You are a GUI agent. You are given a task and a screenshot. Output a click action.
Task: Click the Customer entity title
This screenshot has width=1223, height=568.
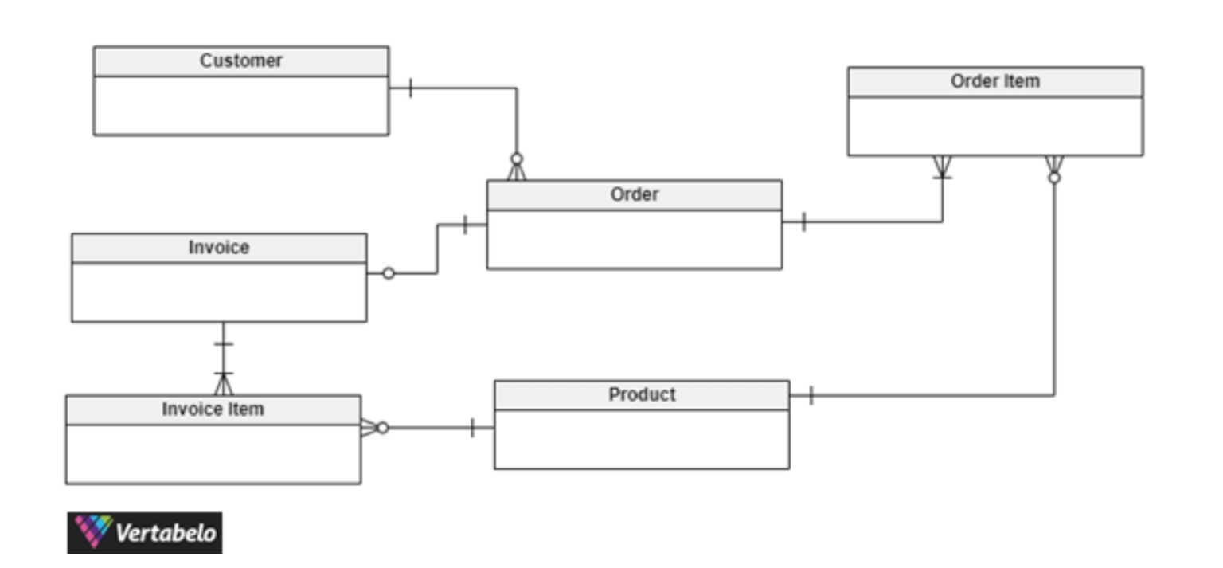pos(240,61)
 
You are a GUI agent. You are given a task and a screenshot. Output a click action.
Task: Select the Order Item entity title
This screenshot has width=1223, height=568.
pos(994,82)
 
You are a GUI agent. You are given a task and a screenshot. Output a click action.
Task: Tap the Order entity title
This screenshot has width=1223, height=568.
pos(634,195)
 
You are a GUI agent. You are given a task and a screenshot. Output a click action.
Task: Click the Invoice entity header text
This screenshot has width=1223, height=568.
pos(219,248)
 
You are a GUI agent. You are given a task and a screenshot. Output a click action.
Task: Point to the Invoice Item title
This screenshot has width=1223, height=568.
pos(213,409)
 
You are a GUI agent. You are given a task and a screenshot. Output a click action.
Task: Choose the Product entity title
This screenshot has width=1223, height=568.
pos(642,395)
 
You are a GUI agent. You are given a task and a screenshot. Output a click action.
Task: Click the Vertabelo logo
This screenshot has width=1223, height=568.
pos(145,532)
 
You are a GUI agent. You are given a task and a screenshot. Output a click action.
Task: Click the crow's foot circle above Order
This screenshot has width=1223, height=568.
pos(516,159)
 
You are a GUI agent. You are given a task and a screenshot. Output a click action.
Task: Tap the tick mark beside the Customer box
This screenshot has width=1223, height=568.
pos(410,88)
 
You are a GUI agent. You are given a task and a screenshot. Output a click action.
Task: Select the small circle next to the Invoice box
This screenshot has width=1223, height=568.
pos(389,273)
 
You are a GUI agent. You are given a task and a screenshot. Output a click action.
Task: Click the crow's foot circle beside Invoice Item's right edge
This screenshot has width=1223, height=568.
pos(382,428)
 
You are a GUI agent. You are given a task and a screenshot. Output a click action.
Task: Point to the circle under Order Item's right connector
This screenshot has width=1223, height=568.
pos(1054,178)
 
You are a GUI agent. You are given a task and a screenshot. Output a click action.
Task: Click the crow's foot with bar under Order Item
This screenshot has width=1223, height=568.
pos(942,169)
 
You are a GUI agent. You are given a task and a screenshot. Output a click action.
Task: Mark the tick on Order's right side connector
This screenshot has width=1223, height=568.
pos(803,221)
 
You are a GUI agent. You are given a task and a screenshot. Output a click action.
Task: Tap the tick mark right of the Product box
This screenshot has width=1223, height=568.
pos(811,394)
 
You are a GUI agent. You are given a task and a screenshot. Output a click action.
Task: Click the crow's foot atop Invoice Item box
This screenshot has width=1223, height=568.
pos(224,383)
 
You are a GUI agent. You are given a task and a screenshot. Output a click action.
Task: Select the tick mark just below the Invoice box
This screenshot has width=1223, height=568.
pos(224,344)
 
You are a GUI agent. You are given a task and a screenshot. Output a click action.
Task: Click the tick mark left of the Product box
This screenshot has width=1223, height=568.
pos(472,428)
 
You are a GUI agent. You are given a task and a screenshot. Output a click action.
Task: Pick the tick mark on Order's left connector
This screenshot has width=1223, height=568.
pos(465,225)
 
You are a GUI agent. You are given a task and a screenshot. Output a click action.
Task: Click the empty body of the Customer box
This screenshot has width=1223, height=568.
pos(240,106)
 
